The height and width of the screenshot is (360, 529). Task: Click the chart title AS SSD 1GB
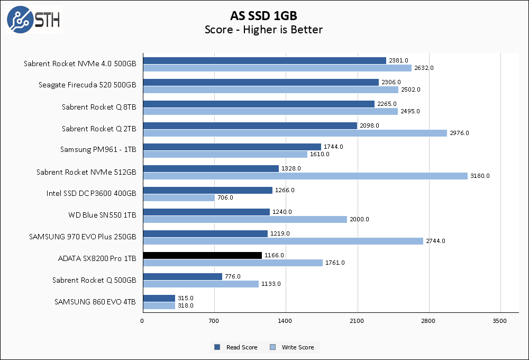[263, 15]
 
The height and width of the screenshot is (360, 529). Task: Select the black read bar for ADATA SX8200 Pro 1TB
[202, 255]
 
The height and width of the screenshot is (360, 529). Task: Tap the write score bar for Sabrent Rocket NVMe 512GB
[305, 176]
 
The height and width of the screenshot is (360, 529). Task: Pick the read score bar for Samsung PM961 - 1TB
[232, 147]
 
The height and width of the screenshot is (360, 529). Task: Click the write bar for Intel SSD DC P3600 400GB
[179, 197]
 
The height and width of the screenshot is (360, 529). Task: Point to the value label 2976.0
[459, 133]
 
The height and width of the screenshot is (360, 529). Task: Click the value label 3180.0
[480, 176]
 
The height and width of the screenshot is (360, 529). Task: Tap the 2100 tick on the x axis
[357, 321]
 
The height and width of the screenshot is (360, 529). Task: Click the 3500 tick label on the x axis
[500, 321]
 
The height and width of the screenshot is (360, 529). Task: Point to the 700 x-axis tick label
[214, 321]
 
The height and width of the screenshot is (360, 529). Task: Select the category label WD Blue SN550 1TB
[102, 215]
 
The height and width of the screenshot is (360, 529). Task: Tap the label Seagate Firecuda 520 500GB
[87, 85]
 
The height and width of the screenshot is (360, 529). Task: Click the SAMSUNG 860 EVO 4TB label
[95, 302]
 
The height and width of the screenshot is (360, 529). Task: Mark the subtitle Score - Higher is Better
[263, 30]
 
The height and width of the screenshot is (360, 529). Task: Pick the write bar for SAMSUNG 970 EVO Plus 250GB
[283, 241]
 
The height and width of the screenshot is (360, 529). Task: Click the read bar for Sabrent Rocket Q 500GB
[183, 276]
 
